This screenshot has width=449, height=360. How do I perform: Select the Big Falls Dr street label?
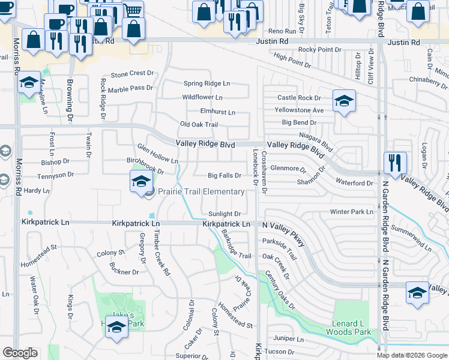click(x=224, y=176)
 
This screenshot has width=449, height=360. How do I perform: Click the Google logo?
click(x=20, y=353)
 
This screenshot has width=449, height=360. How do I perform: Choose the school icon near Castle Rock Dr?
click(x=344, y=101)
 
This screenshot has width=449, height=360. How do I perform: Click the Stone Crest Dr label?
click(x=132, y=73)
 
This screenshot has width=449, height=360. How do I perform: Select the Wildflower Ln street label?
click(x=202, y=97)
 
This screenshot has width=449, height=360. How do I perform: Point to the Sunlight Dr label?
click(x=224, y=214)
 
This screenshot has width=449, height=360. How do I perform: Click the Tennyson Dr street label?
click(x=53, y=175)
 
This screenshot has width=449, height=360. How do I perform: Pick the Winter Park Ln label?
click(x=352, y=212)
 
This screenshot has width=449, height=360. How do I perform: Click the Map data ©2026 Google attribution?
click(x=412, y=355)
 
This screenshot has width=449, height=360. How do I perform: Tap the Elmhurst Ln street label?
click(x=217, y=112)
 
